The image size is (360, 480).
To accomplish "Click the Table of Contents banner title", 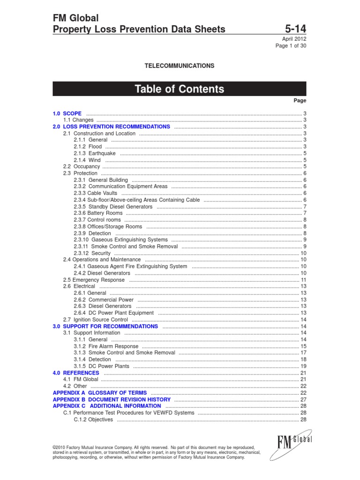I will (x=180, y=89).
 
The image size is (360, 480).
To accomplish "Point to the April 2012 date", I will (x=294, y=39).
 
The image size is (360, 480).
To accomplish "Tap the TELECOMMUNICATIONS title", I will (x=180, y=66).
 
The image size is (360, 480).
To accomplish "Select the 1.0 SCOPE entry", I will (x=67, y=113).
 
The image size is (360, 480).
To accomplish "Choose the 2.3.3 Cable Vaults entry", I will (x=96, y=193).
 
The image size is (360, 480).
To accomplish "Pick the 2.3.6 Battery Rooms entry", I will (x=98, y=213).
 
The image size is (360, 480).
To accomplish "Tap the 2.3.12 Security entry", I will (x=92, y=253).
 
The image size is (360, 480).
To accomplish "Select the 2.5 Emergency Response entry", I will (x=94, y=280).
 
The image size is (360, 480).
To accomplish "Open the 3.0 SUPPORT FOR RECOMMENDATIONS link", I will (x=105, y=326).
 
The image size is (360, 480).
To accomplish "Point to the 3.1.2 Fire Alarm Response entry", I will (x=106, y=346).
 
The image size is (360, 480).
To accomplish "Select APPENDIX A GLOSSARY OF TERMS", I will (x=100, y=393).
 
